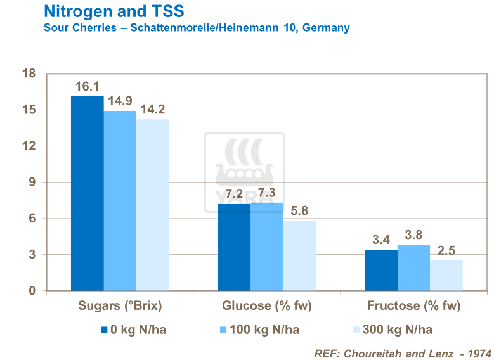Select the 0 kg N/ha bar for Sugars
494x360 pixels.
click(x=87, y=193)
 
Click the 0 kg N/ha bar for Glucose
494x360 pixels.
click(x=234, y=247)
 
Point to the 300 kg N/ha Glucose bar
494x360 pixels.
click(x=299, y=255)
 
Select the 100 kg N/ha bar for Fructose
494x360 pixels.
click(x=413, y=267)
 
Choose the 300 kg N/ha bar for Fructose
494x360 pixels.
click(x=446, y=276)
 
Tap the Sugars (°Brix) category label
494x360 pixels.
click(x=120, y=306)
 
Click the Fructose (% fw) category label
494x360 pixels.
click(x=413, y=306)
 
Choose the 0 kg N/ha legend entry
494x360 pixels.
click(x=134, y=330)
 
